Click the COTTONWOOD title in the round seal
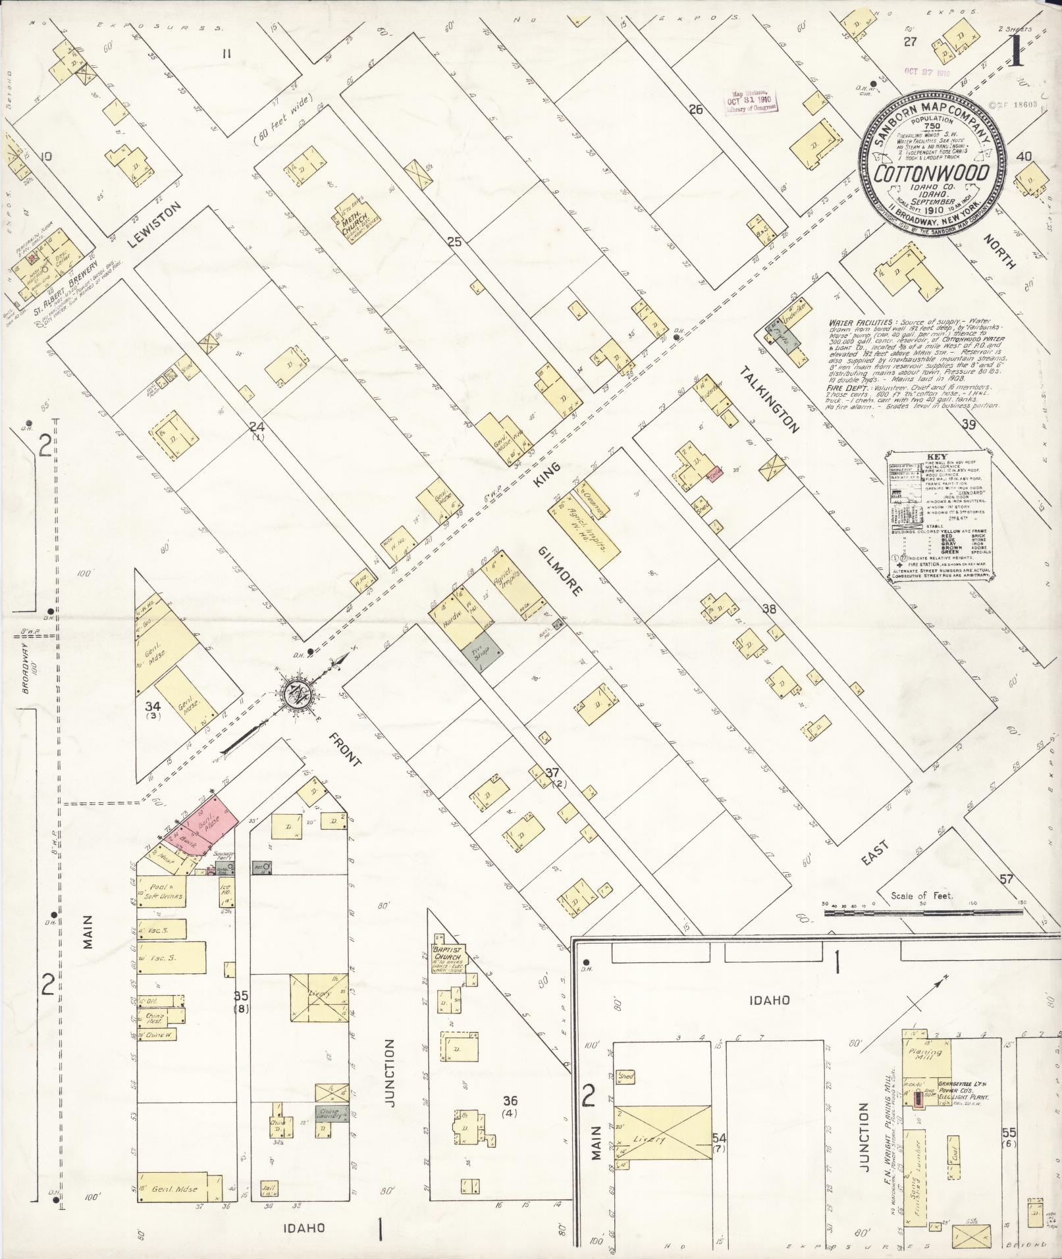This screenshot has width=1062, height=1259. (931, 173)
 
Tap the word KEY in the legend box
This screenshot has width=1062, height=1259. (936, 455)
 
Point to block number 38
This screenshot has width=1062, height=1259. (768, 609)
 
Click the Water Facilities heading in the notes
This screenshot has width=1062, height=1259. (855, 323)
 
